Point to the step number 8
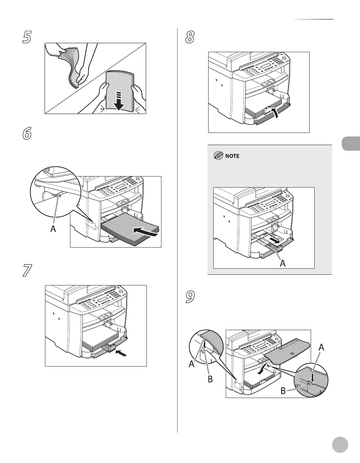pos(190,37)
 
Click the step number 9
pos(190,297)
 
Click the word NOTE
pos(232,156)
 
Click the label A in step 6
pos(53,229)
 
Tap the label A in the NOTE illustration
pos(282,263)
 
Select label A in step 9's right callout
pos(321,347)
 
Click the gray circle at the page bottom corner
pos(340,445)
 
